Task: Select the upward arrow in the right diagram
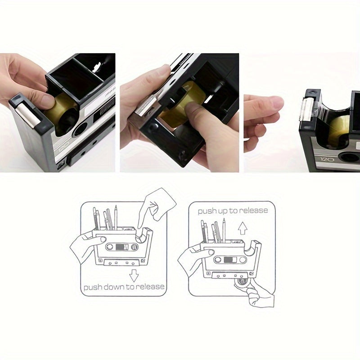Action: (x=243, y=229)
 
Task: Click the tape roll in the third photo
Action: (x=339, y=130)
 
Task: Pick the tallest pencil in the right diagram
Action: (x=224, y=229)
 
